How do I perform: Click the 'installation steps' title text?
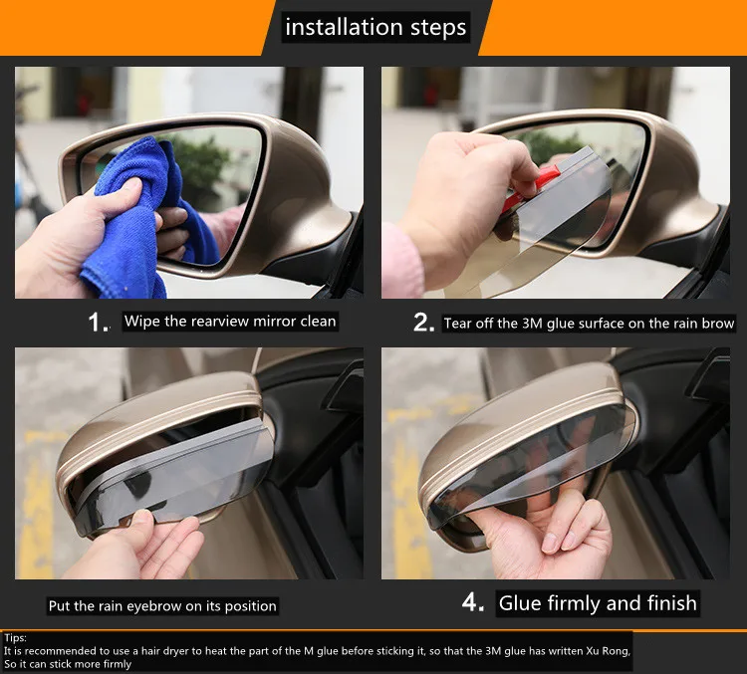[x=375, y=27]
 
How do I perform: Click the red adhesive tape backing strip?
[x=529, y=187]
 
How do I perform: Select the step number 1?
[x=98, y=323]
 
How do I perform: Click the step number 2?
[x=422, y=323]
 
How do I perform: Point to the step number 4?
[x=471, y=602]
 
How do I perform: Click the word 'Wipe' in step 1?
[x=142, y=321]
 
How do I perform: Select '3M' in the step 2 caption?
[x=532, y=324]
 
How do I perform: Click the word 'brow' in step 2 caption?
[x=718, y=324]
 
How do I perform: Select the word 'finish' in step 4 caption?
[x=671, y=603]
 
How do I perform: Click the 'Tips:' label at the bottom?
[x=15, y=638]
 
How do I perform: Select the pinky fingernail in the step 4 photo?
[x=550, y=543]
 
